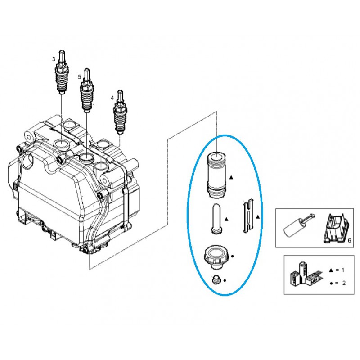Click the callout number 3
(54, 59)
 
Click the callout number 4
(112, 97)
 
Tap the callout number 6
(349, 241)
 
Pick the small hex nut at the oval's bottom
(216, 280)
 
